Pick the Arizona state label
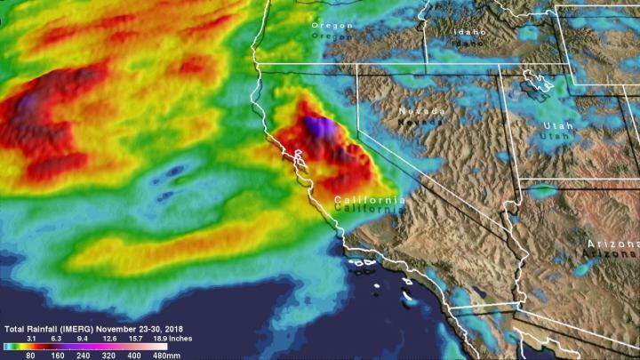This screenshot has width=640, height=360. [x=606, y=244]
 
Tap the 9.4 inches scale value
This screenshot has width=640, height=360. [x=83, y=339]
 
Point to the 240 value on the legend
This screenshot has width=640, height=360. [x=83, y=354]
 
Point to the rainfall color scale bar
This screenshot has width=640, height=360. [x=89, y=346]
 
